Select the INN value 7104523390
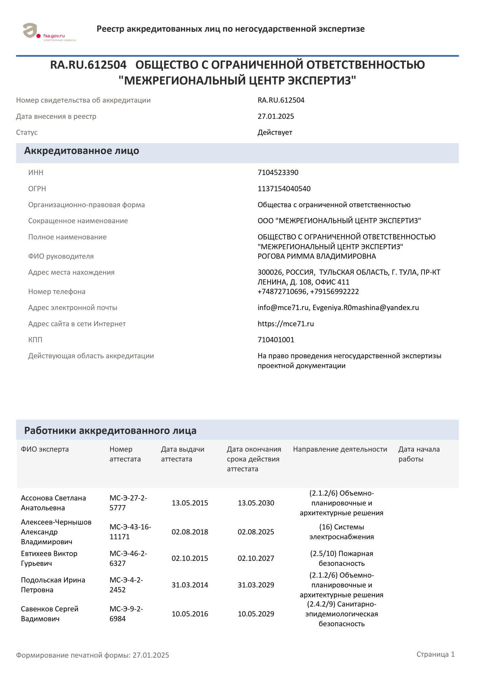tap(278, 173)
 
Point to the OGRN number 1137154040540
tap(284, 189)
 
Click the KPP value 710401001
tap(276, 340)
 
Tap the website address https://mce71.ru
tap(286, 324)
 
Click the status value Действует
tap(275, 133)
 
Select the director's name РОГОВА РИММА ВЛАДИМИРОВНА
tap(317, 256)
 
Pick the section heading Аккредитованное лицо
tap(82, 151)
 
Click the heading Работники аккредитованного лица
tap(110, 431)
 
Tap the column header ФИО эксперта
tap(45, 449)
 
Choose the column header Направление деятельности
tap(340, 449)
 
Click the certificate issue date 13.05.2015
tap(190, 503)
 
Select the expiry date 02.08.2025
tap(256, 532)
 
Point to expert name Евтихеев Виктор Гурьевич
tap(49, 559)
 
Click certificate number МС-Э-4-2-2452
tap(126, 585)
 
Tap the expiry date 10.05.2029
tap(256, 614)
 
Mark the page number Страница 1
tap(435, 654)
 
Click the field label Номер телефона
tap(57, 292)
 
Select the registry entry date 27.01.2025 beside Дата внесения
tap(276, 116)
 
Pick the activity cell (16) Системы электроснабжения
tap(341, 532)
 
